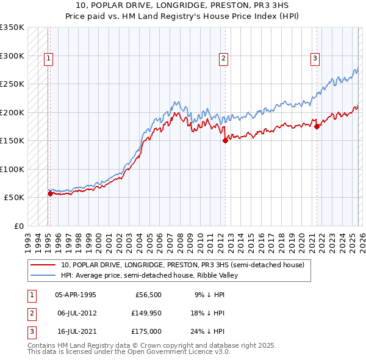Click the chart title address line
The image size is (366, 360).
point(182,5)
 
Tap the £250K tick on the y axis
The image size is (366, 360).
point(12,84)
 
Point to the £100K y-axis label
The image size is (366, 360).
point(12,169)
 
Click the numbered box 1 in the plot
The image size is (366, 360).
point(48,59)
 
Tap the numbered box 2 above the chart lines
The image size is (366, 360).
point(224,59)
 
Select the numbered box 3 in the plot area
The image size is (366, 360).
point(315,59)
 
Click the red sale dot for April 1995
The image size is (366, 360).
point(50,194)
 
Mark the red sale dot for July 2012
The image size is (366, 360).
point(225,140)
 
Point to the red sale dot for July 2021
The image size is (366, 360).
point(317,126)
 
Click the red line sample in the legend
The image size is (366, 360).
point(43,265)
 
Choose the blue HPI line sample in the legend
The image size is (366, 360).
point(43,275)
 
